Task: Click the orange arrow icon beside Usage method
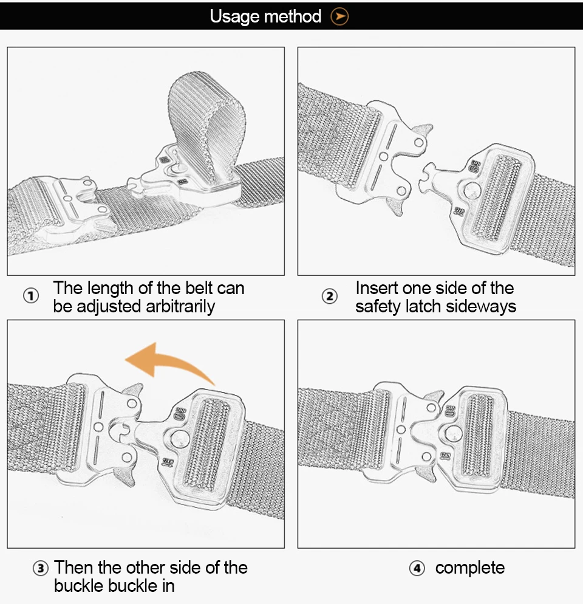click(x=339, y=16)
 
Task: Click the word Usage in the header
click(x=235, y=17)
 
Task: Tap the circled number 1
click(x=31, y=296)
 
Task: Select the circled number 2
click(x=330, y=296)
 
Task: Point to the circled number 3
click(x=41, y=568)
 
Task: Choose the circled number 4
click(x=417, y=568)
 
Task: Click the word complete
click(x=470, y=568)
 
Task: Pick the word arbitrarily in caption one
click(x=180, y=307)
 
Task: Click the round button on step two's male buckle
click(x=472, y=191)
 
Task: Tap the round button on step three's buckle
click(x=180, y=439)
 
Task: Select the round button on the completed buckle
click(x=454, y=434)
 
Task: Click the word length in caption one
click(x=110, y=289)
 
